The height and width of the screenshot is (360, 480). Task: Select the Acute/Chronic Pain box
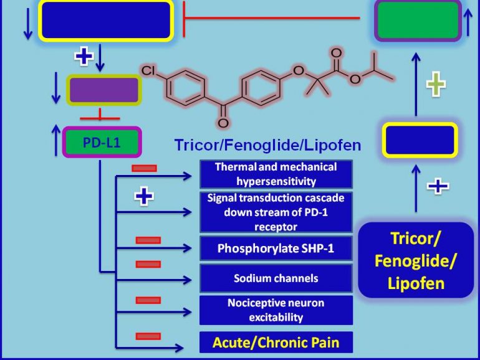click(276, 342)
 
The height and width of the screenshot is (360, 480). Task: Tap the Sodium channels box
click(276, 278)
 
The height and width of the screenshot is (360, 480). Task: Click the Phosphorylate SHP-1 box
click(276, 249)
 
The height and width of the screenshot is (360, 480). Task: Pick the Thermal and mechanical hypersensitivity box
click(276, 174)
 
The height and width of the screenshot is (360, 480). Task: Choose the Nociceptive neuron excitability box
click(276, 310)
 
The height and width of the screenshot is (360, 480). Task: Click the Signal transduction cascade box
click(276, 212)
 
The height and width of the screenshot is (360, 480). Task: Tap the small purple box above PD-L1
click(103, 90)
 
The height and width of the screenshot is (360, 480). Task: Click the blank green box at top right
click(418, 20)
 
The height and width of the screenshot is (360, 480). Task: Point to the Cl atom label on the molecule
click(148, 70)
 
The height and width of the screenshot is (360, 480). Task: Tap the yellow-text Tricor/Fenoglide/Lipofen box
click(416, 260)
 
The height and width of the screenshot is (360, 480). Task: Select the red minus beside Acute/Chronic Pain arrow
click(148, 336)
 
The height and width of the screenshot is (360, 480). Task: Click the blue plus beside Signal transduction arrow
click(144, 197)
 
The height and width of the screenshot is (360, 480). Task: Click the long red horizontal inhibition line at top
click(272, 18)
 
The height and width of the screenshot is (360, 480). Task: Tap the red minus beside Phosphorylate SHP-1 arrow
click(148, 240)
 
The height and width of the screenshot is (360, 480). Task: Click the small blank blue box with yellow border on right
click(420, 140)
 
